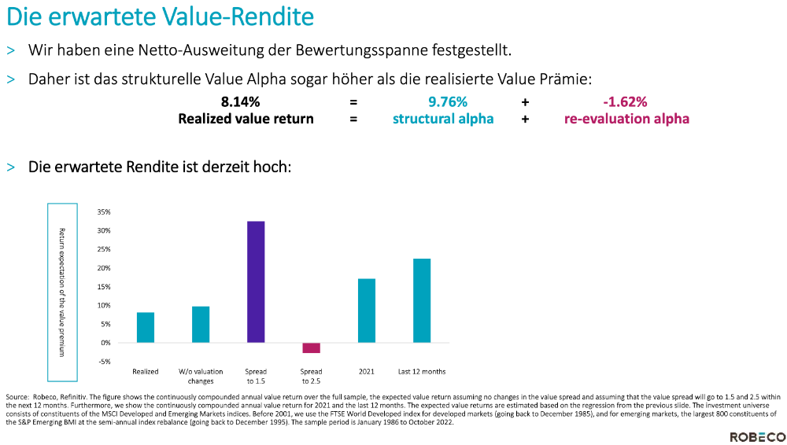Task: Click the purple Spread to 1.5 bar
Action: tap(256, 281)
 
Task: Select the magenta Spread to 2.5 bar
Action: tap(311, 348)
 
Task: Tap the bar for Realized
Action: tap(146, 327)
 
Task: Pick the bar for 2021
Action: tap(367, 311)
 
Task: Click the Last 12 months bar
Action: tap(422, 300)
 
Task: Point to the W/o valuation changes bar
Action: tap(201, 324)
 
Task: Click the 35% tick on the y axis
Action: tap(103, 212)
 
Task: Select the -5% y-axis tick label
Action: tap(104, 362)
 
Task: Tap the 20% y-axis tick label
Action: tap(103, 268)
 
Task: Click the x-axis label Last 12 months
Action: tap(422, 371)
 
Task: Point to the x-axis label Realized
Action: tap(146, 371)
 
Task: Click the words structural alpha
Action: tap(443, 119)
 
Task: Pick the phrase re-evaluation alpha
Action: tap(626, 119)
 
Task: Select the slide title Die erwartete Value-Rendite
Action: tap(161, 17)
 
